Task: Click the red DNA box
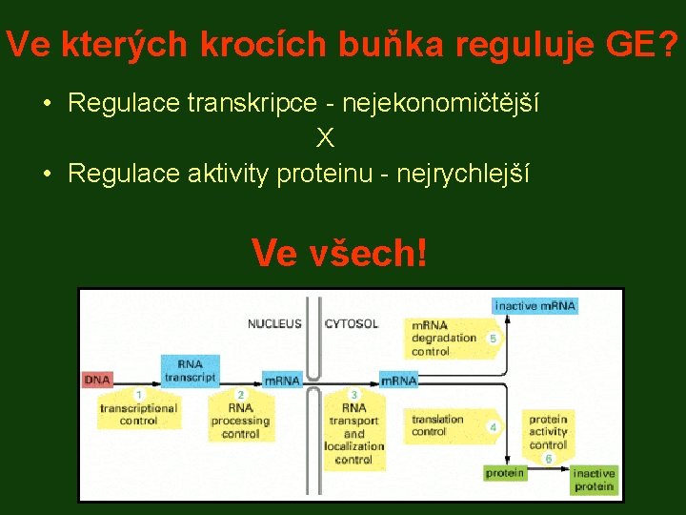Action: [97, 380]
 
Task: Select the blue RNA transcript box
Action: [189, 369]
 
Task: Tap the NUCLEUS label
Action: [274, 324]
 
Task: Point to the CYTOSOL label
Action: [352, 324]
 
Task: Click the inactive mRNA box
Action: [535, 305]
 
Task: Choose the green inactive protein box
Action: [594, 480]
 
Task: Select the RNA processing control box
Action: [240, 420]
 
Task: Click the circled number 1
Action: [139, 394]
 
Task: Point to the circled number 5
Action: [493, 339]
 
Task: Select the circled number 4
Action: [493, 426]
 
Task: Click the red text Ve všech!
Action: [339, 253]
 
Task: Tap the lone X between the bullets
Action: [326, 139]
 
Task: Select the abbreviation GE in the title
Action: [623, 44]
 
